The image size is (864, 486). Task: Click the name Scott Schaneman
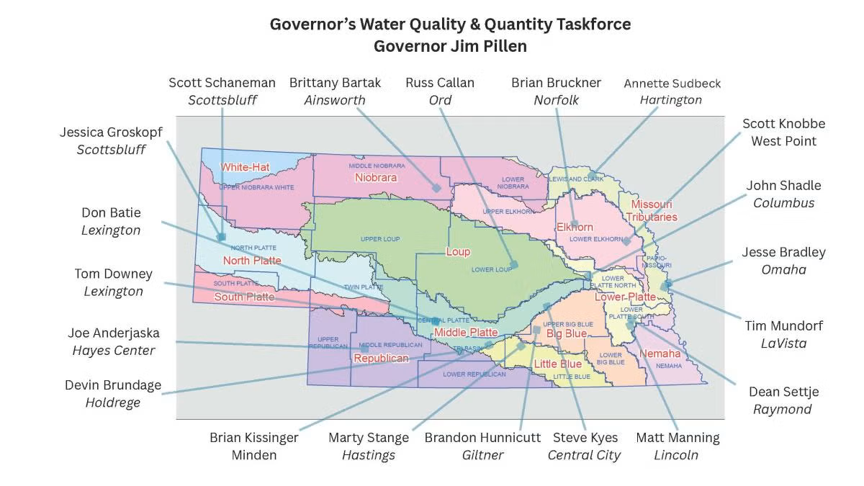click(222, 83)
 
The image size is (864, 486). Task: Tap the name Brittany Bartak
click(335, 83)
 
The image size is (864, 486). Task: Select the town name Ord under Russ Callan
click(440, 100)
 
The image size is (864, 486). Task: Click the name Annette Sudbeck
click(672, 84)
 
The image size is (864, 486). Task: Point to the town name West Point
click(783, 141)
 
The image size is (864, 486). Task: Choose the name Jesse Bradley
click(783, 253)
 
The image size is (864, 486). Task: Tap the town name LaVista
click(783, 343)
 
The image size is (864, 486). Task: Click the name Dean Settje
click(783, 392)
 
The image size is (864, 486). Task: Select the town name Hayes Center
click(114, 351)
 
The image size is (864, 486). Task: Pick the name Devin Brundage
click(113, 384)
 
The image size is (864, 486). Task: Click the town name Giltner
click(482, 455)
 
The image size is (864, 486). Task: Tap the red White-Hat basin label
click(245, 167)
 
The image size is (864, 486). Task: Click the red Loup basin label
click(458, 252)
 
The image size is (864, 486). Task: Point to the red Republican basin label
click(381, 358)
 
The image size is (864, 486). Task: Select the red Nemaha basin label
click(660, 354)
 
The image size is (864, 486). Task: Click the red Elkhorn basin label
click(575, 228)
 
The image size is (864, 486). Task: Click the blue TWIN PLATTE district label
click(364, 287)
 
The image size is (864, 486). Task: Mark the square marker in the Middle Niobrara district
click(436, 187)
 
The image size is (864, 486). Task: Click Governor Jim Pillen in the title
click(450, 46)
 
